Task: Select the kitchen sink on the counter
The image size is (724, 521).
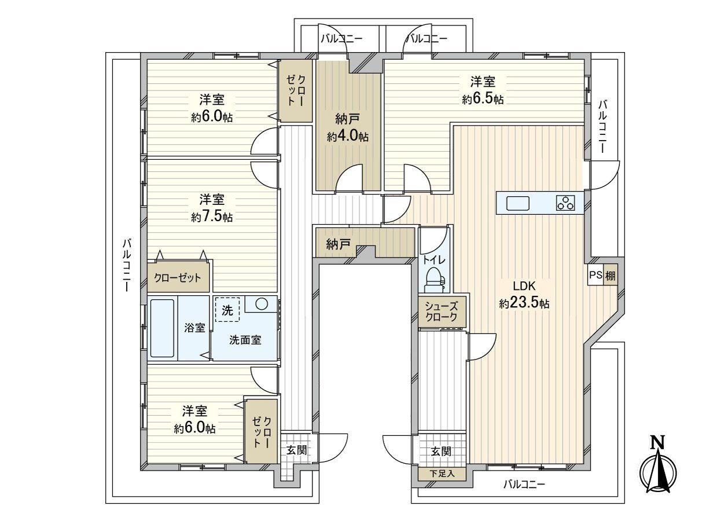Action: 517,204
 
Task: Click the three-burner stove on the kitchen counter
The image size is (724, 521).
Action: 565,203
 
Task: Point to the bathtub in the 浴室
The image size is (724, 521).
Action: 163,328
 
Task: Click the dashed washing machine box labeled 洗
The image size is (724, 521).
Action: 227,310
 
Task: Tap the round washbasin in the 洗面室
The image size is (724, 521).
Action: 261,304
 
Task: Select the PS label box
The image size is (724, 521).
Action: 596,276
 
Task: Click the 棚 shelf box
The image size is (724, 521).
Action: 610,276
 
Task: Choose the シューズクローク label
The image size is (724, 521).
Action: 442,312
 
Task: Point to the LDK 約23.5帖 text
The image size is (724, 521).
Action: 524,295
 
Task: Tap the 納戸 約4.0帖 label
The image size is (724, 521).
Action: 347,128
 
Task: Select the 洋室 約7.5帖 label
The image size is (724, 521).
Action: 212,208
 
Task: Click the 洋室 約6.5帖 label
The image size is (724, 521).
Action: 482,90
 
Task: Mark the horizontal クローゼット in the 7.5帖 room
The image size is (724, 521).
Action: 178,278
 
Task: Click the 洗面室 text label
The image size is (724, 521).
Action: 245,340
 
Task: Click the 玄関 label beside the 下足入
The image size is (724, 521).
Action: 442,452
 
